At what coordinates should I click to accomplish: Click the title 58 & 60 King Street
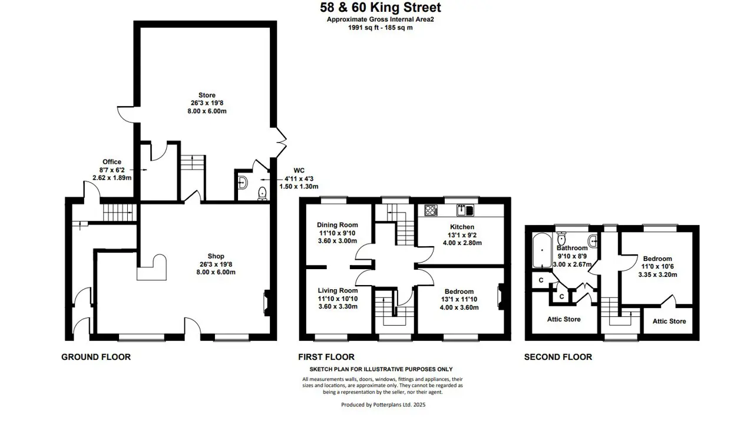pyautogui.click(x=381, y=8)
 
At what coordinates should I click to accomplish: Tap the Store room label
pyautogui.click(x=207, y=95)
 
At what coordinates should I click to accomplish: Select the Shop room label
pyautogui.click(x=216, y=256)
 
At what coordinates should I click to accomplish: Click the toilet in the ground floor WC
pyautogui.click(x=262, y=194)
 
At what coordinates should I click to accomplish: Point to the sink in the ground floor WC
pyautogui.click(x=242, y=183)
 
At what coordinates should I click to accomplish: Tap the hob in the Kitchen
pyautogui.click(x=431, y=210)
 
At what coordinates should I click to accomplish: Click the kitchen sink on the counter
pyautogui.click(x=465, y=210)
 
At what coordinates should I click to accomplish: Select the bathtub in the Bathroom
pyautogui.click(x=542, y=250)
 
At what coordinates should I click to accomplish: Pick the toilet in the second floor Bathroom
pyautogui.click(x=561, y=238)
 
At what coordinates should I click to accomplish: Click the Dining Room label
pyautogui.click(x=338, y=225)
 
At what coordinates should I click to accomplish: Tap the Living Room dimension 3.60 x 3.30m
pyautogui.click(x=338, y=307)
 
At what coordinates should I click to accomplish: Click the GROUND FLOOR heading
pyautogui.click(x=96, y=357)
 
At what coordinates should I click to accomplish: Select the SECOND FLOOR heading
pyautogui.click(x=558, y=357)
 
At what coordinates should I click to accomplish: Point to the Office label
pyautogui.click(x=112, y=162)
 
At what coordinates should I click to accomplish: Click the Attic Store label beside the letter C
pyautogui.click(x=564, y=319)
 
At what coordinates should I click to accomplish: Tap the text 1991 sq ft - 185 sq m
pyautogui.click(x=381, y=28)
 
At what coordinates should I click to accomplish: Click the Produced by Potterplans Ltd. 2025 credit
pyautogui.click(x=383, y=405)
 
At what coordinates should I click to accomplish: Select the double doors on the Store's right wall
pyautogui.click(x=282, y=143)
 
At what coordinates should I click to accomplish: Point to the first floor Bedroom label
pyautogui.click(x=459, y=291)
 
